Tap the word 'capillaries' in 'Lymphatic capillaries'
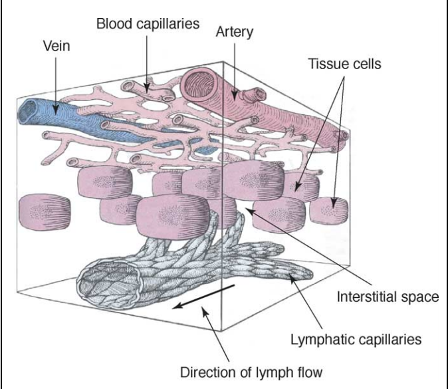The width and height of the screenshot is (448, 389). coord(392,340)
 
